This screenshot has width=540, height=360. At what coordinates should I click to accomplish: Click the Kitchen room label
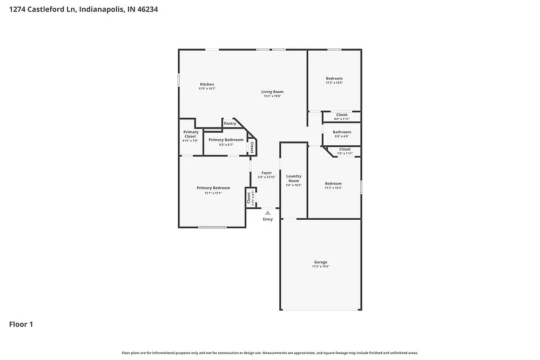pyautogui.click(x=207, y=85)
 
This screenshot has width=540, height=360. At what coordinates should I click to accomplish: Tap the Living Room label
pyautogui.click(x=272, y=92)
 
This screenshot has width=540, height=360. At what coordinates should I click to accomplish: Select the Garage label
pyautogui.click(x=320, y=262)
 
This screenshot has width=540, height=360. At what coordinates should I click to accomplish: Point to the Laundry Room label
pyautogui.click(x=293, y=178)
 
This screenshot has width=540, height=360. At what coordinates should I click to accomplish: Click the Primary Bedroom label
pyautogui.click(x=213, y=188)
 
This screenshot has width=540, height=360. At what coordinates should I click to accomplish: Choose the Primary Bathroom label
pyautogui.click(x=226, y=140)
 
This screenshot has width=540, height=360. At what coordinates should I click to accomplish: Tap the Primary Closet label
pyautogui.click(x=190, y=134)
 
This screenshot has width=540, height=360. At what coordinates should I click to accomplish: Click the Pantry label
pyautogui.click(x=230, y=124)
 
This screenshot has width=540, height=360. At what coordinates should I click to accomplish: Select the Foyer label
pyautogui.click(x=267, y=173)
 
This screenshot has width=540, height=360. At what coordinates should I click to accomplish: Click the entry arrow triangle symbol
pyautogui.click(x=267, y=213)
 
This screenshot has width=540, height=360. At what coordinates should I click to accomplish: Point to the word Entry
pyautogui.click(x=268, y=219)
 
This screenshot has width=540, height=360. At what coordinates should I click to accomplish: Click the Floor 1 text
pyautogui.click(x=21, y=324)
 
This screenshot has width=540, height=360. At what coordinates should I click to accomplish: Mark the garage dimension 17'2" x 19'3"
pyautogui.click(x=320, y=267)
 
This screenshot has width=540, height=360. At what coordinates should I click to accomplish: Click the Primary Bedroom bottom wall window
pyautogui.click(x=212, y=227)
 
